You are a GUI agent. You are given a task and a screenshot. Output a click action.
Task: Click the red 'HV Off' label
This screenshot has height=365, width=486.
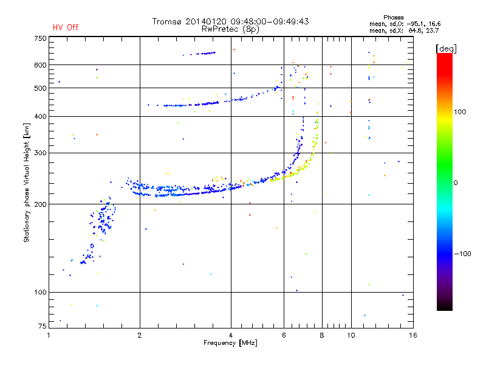(x=66, y=27)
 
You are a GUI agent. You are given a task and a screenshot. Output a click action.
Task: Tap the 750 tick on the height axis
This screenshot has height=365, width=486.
(x=39, y=38)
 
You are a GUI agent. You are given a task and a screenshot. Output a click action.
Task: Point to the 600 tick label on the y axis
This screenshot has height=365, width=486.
(x=39, y=64)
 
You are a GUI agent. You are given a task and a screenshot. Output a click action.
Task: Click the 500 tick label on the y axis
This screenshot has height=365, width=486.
(x=39, y=88)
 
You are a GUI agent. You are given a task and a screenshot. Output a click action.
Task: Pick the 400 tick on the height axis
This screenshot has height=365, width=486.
(x=39, y=116)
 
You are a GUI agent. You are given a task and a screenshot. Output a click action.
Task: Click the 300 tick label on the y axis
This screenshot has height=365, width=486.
(x=39, y=153)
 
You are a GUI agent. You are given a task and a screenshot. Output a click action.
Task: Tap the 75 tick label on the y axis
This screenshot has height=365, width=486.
(x=41, y=328)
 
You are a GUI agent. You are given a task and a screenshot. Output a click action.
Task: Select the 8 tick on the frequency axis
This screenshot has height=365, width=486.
(x=322, y=335)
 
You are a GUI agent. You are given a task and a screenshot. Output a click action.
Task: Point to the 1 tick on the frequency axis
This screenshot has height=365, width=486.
(x=49, y=335)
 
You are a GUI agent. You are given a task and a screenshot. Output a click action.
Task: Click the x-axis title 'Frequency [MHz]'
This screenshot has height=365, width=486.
(x=231, y=343)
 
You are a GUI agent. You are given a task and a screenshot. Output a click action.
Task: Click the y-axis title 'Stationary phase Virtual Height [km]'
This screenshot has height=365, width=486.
(x=27, y=182)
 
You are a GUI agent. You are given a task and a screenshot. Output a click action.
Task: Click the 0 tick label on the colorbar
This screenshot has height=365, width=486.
(x=456, y=182)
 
